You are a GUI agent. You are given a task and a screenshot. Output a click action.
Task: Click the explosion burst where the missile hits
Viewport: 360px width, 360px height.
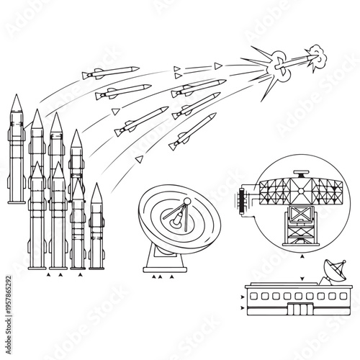click(x=276, y=67)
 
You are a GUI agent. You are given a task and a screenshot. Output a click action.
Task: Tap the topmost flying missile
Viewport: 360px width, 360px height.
click(x=111, y=71)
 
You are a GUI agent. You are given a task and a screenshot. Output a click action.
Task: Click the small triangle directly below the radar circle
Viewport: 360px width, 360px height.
click(x=302, y=256)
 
